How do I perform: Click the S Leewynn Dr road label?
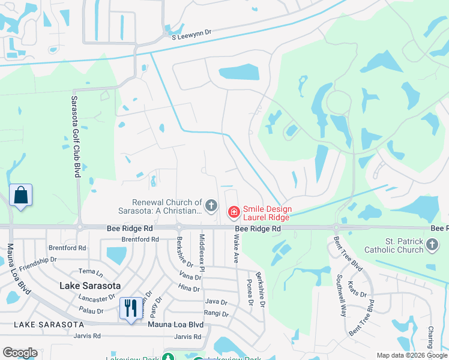pos(193,35)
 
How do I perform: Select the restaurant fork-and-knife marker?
pos(131,308)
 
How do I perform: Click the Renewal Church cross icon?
pos(211,206)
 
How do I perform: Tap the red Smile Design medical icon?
pos(233,212)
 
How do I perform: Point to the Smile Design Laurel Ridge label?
pos(267,213)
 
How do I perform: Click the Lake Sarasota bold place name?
pos(90,286)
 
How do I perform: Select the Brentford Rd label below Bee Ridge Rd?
pos(140,239)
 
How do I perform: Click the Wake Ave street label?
pos(236,249)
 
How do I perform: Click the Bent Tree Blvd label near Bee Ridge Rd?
pos(349,251)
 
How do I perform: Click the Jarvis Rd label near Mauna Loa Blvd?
pos(186,337)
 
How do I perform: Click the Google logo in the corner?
pos(20,353)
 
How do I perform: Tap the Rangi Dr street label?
pos(216,314)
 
